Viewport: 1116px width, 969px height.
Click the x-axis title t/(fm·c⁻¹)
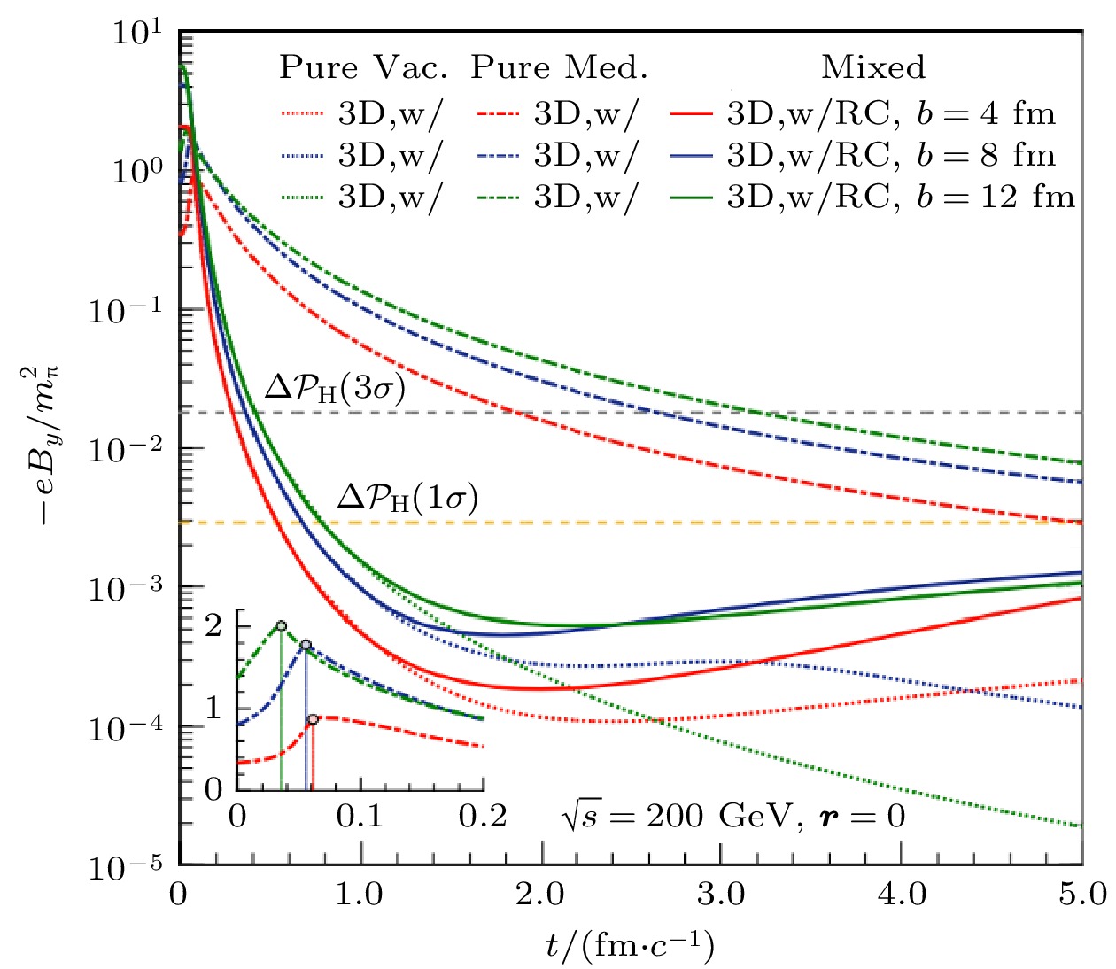[630, 946]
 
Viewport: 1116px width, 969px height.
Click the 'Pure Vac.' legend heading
[363, 68]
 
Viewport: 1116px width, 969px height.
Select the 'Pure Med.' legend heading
[559, 68]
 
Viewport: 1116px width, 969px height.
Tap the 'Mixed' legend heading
[873, 68]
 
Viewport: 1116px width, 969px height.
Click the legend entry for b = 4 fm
[891, 113]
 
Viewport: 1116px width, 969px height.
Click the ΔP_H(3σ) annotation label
[335, 389]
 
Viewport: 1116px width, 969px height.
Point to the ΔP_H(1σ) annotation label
[407, 499]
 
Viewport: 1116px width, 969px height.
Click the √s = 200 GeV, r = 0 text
[732, 816]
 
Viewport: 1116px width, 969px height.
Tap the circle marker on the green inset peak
[282, 626]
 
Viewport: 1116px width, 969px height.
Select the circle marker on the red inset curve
[313, 719]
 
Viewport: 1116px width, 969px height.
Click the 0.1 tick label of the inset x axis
[360, 816]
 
